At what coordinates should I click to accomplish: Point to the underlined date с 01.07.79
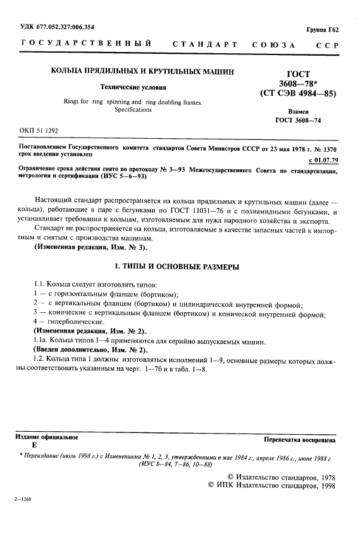[322, 160]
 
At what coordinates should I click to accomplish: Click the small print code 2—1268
[23, 515]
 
